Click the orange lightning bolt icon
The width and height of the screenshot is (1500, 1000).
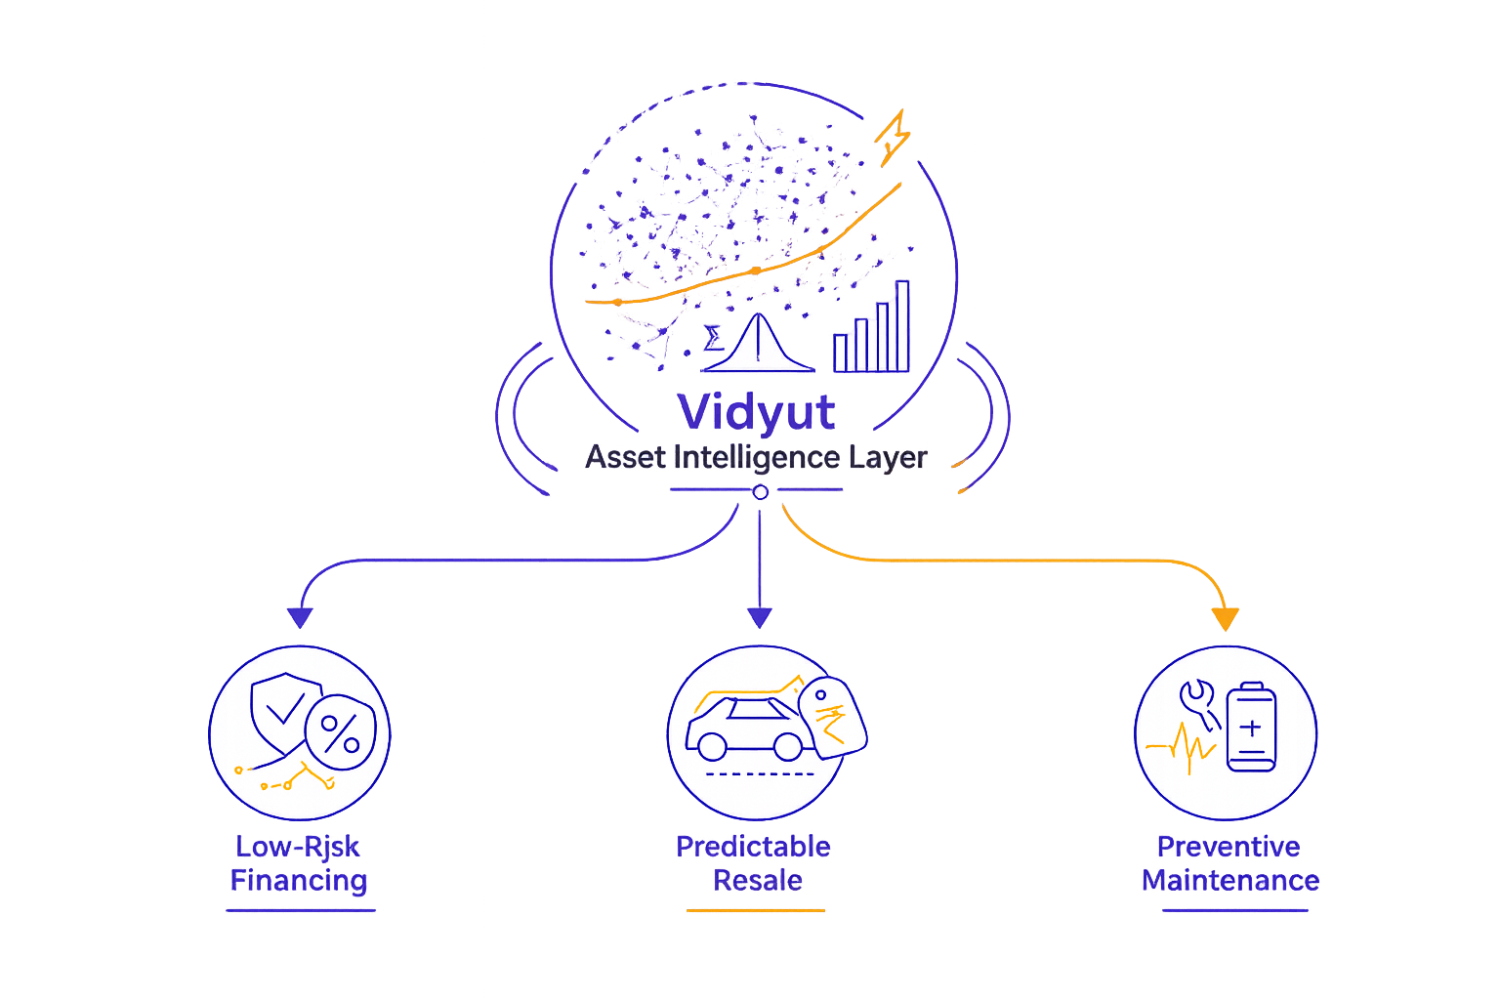[x=894, y=136]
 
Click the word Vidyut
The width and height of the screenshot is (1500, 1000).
[x=757, y=412]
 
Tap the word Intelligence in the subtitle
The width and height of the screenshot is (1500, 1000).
[x=757, y=457]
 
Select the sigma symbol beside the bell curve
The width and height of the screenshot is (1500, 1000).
[x=714, y=338]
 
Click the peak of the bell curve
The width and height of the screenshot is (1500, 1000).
[x=758, y=318]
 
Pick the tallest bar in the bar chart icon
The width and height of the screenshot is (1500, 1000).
[x=902, y=326]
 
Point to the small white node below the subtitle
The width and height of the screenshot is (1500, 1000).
[x=761, y=492]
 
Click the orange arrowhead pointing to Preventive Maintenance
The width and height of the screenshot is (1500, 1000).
[x=1225, y=619]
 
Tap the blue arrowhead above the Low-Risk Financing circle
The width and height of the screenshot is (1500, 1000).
[x=300, y=617]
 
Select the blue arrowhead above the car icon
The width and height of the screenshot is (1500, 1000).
[x=760, y=617]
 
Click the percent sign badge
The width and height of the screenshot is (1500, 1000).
[x=340, y=731]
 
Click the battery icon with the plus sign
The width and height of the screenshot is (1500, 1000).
[x=1251, y=728]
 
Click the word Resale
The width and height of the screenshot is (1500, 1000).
[x=757, y=881]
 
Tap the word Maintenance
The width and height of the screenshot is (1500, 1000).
[x=1230, y=881]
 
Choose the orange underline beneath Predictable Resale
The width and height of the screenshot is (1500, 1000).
[x=756, y=910]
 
